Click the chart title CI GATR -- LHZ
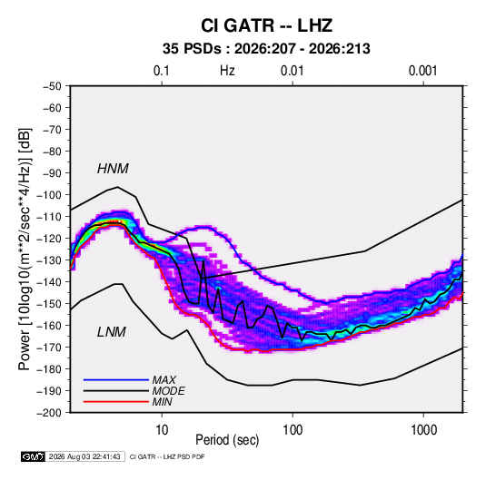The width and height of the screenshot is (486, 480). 266,25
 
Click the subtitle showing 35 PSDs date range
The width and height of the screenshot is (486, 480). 266,49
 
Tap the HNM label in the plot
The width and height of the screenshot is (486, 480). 113,169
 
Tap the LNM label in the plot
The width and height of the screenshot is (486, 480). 112,332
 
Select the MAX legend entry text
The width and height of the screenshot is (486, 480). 164,380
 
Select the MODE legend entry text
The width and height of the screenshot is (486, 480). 168,391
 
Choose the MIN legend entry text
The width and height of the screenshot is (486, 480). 162,402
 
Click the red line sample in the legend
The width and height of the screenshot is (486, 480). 116,402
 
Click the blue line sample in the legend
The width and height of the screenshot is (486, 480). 116,380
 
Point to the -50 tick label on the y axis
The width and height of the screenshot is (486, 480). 52,86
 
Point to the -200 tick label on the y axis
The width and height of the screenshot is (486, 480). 49,413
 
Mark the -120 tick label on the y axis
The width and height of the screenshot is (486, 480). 49,239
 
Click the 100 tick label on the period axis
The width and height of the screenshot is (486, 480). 293,430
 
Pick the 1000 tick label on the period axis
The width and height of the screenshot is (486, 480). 423,430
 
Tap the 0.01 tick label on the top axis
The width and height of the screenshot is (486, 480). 292,71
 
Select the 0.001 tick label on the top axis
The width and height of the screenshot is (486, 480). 422,71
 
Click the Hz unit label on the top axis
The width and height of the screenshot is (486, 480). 227,71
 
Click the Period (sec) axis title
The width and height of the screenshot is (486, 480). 227,440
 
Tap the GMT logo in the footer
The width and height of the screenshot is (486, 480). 34,456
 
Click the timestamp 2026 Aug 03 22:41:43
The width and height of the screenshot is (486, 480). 84,456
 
